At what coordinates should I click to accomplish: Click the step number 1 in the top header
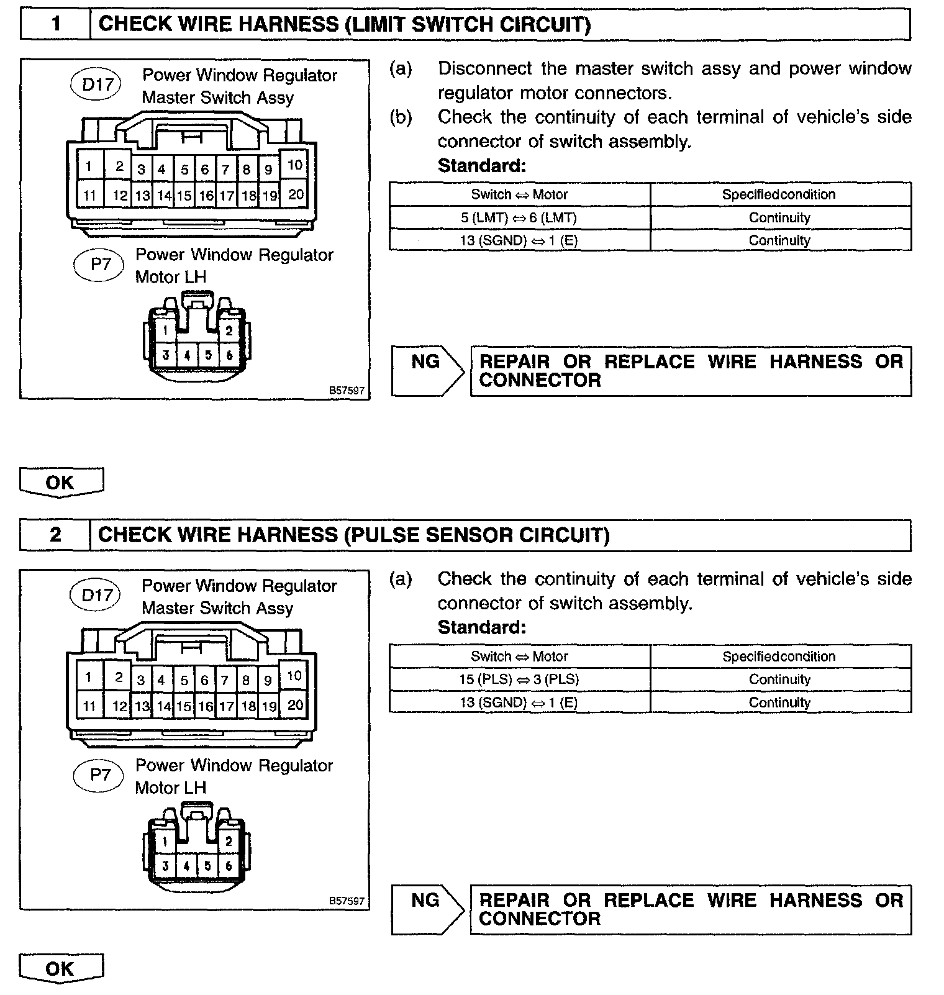pos(56,24)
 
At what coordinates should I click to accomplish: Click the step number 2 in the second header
pos(56,535)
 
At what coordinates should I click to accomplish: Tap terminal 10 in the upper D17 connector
pos(294,165)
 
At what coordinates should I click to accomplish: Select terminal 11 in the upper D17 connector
pos(90,196)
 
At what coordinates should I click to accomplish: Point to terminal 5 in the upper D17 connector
pos(184,170)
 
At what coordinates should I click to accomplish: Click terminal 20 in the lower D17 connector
pos(295,705)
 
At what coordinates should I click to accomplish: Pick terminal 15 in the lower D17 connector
pos(184,706)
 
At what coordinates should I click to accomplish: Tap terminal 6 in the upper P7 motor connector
pos(229,355)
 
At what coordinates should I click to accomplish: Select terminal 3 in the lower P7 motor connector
pos(165,866)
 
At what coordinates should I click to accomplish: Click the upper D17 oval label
pos(97,84)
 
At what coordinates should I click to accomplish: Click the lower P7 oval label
pos(100,775)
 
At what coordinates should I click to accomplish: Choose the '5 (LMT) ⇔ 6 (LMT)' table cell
pos(519,217)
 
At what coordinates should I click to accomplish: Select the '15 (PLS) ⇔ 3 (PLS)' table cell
pos(519,679)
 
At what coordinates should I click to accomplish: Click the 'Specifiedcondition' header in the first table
pos(779,194)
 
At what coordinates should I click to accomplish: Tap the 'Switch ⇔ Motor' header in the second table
pos(519,657)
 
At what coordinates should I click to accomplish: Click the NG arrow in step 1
pos(427,371)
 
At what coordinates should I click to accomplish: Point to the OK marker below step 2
pos(60,968)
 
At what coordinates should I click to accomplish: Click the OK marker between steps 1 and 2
pos(60,482)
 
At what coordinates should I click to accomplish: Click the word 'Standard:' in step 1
pos(482,166)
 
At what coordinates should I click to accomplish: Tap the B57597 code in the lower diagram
pos(347,901)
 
